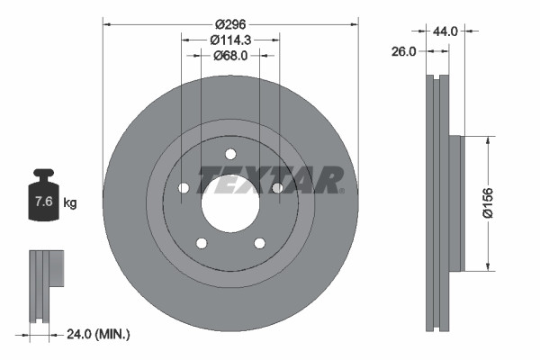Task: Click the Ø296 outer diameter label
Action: point(230,23)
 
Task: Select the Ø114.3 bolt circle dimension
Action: point(230,40)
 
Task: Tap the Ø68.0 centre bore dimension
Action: point(230,56)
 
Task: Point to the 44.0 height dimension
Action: point(445,31)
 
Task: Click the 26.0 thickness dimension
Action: point(404,52)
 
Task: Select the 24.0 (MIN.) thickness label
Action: point(99,334)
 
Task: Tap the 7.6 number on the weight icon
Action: point(42,202)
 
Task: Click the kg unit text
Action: point(69,203)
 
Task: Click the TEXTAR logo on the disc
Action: point(270,180)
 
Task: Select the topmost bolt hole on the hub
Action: point(230,153)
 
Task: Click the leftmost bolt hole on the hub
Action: point(184,187)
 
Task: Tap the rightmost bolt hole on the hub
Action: point(277,187)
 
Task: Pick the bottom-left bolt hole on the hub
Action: point(202,243)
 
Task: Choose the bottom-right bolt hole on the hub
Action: point(259,243)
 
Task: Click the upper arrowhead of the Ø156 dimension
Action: point(489,140)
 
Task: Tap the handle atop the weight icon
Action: point(42,174)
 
